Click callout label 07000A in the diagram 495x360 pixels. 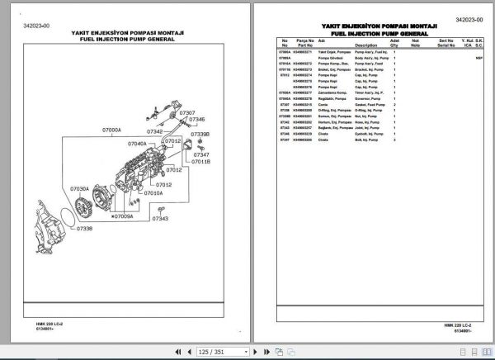(111, 130)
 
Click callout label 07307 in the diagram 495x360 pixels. (186, 112)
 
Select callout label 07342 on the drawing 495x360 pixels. (156, 131)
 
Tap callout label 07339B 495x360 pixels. (200, 133)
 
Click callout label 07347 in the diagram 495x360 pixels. (201, 154)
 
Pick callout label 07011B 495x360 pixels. (200, 162)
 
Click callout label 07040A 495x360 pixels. (137, 144)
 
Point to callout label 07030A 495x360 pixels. (80, 188)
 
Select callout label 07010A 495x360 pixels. (153, 193)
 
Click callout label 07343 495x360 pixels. (159, 219)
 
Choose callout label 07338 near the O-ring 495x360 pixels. (87, 228)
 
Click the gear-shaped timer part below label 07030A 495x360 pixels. (84, 206)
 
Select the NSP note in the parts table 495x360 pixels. (479, 59)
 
